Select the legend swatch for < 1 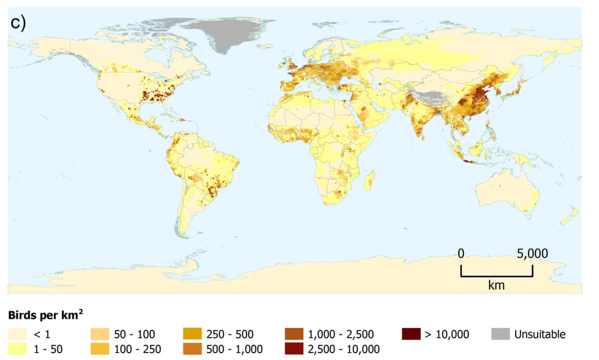pos(18,334)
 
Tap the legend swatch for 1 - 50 pos(18,348)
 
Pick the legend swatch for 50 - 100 pos(100,334)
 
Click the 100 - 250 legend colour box pos(100,348)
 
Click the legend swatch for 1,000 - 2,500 pos(294,334)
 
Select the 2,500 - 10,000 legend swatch pos(294,348)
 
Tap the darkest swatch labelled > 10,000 pos(410,334)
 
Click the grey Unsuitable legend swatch pos(501,334)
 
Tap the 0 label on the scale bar pos(461,254)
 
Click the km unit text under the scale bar pos(496,286)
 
